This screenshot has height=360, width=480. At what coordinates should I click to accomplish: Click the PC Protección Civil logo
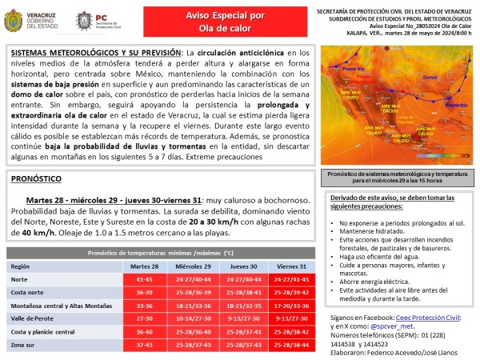(x=94, y=21)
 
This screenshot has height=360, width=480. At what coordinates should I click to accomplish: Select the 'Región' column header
(x=21, y=266)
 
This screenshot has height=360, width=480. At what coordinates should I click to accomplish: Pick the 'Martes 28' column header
(x=144, y=266)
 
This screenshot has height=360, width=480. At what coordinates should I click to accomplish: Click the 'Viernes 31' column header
(x=292, y=266)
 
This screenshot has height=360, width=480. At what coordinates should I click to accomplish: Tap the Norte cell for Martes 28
(x=144, y=279)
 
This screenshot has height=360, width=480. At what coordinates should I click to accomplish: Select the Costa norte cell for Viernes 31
(x=292, y=292)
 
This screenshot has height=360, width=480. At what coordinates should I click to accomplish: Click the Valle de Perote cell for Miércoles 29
(x=194, y=318)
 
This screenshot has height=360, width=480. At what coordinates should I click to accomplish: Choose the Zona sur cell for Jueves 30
(x=243, y=345)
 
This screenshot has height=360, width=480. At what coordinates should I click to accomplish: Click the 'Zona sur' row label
(x=25, y=345)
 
